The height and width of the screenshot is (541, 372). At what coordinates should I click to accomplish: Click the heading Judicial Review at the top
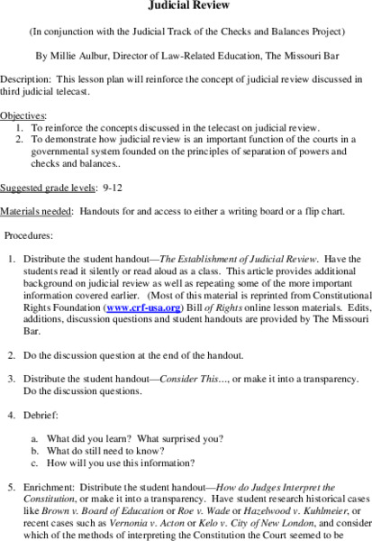click(x=186, y=5)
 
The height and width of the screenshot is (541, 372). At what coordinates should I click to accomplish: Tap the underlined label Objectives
click(x=22, y=116)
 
